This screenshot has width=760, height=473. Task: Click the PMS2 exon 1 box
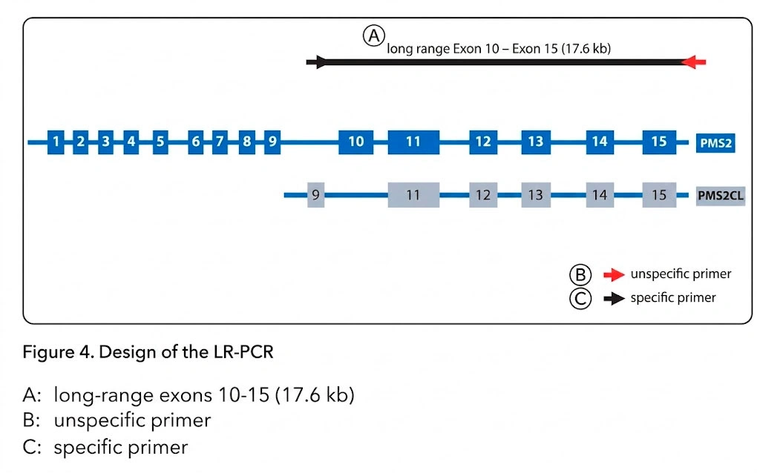coord(56,142)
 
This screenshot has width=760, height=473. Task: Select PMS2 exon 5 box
coord(160,142)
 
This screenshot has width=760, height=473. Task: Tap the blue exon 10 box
coord(356,142)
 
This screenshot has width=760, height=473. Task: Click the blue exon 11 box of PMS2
coord(413,142)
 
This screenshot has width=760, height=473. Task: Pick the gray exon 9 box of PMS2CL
coord(315,196)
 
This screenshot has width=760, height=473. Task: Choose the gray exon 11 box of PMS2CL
coord(413,196)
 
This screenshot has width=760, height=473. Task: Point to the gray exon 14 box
coord(600,196)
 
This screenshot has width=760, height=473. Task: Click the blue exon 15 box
coord(659,142)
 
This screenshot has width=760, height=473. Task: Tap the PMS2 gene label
coord(715,142)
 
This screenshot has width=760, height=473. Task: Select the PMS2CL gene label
coord(720,196)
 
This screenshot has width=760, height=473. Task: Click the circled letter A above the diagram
coord(374,36)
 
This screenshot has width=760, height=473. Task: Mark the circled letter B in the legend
coord(580,275)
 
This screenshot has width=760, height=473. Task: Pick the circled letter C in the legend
coord(580,299)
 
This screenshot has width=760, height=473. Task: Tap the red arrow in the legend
coord(614,275)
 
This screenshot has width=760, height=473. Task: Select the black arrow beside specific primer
coord(614,299)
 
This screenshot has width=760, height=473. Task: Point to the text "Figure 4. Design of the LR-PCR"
coord(148,351)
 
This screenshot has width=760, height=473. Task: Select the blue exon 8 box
coord(246,142)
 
